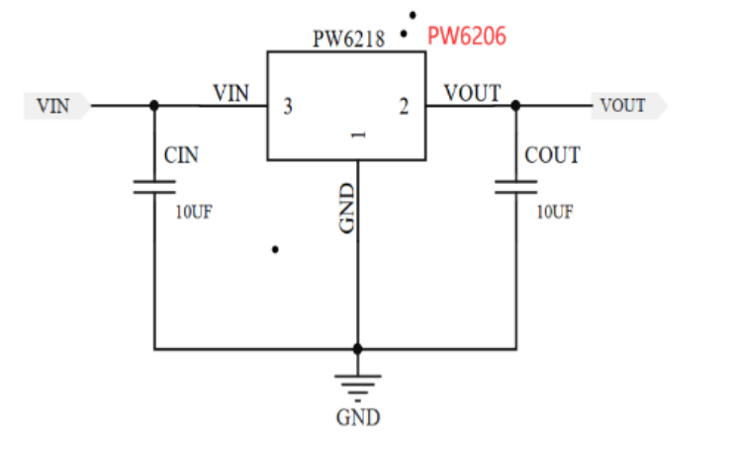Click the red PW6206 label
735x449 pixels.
467,38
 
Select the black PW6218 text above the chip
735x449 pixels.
349,41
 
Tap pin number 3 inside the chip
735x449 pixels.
288,107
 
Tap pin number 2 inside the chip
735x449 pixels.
404,107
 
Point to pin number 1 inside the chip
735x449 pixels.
358,135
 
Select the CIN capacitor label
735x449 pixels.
183,155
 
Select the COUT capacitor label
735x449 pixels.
552,155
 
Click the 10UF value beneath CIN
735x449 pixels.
192,211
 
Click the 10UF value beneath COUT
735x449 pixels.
554,211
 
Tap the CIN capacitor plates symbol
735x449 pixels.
154,187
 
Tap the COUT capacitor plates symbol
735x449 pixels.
515,187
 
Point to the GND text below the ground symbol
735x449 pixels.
358,417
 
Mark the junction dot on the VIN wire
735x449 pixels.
154,105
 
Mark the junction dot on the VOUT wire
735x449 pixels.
515,105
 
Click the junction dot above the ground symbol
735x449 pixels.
358,349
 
